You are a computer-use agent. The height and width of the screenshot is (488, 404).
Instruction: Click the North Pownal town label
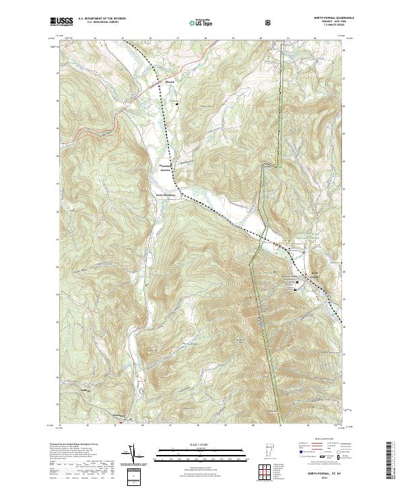pos(314,273)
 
